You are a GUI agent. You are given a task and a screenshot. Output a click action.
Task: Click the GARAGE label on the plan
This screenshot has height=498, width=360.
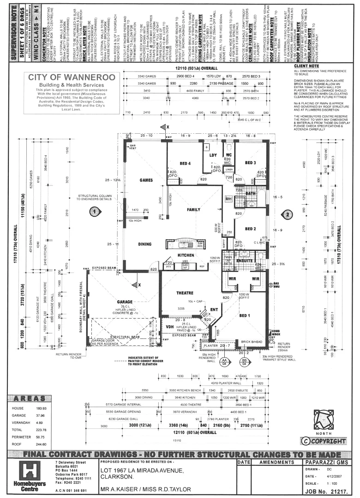pos(125,302)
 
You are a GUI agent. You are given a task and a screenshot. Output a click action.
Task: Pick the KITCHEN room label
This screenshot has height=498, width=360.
pos(186,255)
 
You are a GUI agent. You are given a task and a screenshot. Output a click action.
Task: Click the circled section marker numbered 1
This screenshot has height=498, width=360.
pos(95,212)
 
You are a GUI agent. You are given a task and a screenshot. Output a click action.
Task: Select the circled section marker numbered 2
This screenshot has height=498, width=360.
pos(287,214)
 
